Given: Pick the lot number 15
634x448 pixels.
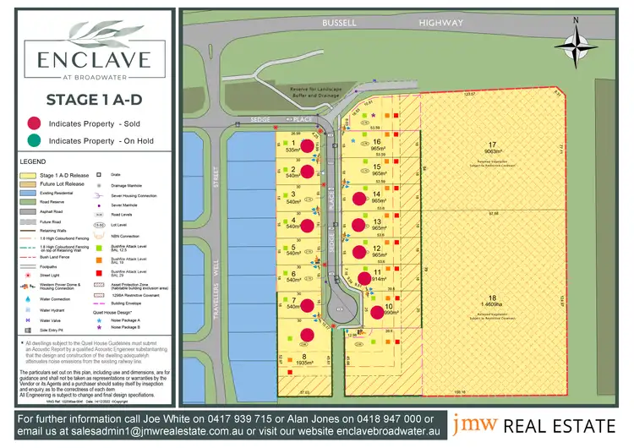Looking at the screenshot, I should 377,167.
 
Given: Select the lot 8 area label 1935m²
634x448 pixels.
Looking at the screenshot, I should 303,364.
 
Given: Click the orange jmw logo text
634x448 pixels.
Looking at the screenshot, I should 467,423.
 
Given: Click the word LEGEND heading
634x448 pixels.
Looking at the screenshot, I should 34,161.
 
